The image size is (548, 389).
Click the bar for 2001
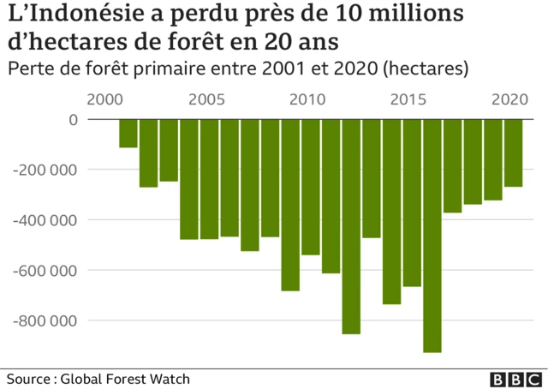click(x=128, y=134)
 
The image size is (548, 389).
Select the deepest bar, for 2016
click(x=432, y=236)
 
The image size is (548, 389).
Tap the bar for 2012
click(x=351, y=226)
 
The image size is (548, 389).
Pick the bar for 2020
click(x=513, y=153)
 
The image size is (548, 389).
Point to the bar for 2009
click(x=290, y=205)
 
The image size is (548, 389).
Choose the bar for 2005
click(x=210, y=179)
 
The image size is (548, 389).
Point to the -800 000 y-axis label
click(x=45, y=320)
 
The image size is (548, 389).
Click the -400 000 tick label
click(x=45, y=220)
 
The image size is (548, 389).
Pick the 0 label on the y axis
click(x=72, y=120)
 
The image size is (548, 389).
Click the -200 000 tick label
click(x=45, y=170)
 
